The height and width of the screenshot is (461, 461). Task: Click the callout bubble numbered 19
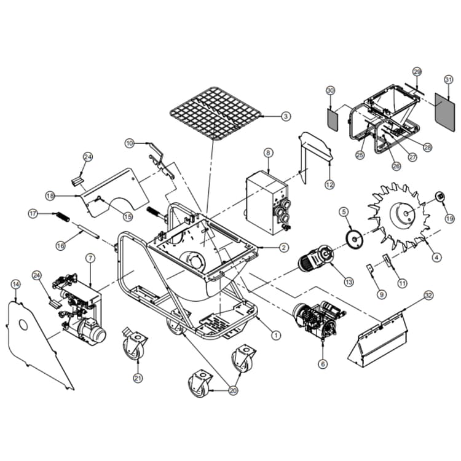click(x=449, y=218)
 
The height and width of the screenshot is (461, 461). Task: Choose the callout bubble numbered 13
click(x=349, y=282)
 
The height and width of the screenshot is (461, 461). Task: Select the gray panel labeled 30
click(x=332, y=117)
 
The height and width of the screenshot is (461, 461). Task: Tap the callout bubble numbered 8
click(x=268, y=152)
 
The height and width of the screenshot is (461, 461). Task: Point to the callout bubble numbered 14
click(x=15, y=283)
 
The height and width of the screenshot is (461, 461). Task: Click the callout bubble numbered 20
click(x=233, y=390)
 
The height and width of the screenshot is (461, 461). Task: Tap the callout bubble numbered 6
click(x=323, y=363)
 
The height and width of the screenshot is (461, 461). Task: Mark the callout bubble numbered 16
click(x=60, y=245)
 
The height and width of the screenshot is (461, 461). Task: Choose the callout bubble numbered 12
click(x=330, y=184)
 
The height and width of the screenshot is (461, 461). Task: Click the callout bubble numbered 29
click(x=417, y=72)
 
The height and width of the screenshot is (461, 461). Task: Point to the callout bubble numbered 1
click(x=276, y=336)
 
